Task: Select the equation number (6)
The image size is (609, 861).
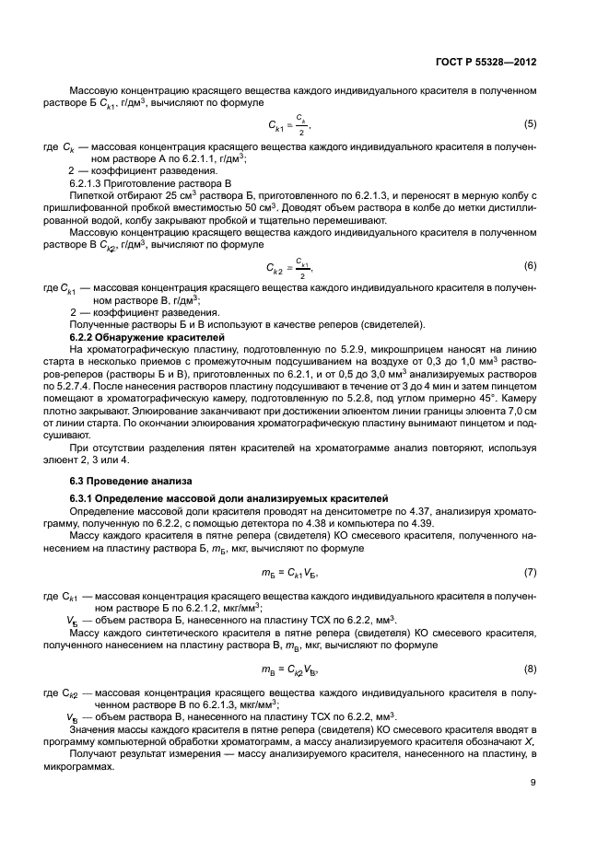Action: click(x=530, y=265)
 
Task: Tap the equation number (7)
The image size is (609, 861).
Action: click(x=530, y=572)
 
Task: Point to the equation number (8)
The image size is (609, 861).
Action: click(x=530, y=668)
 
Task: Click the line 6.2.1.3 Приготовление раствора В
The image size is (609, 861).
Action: click(x=141, y=183)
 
